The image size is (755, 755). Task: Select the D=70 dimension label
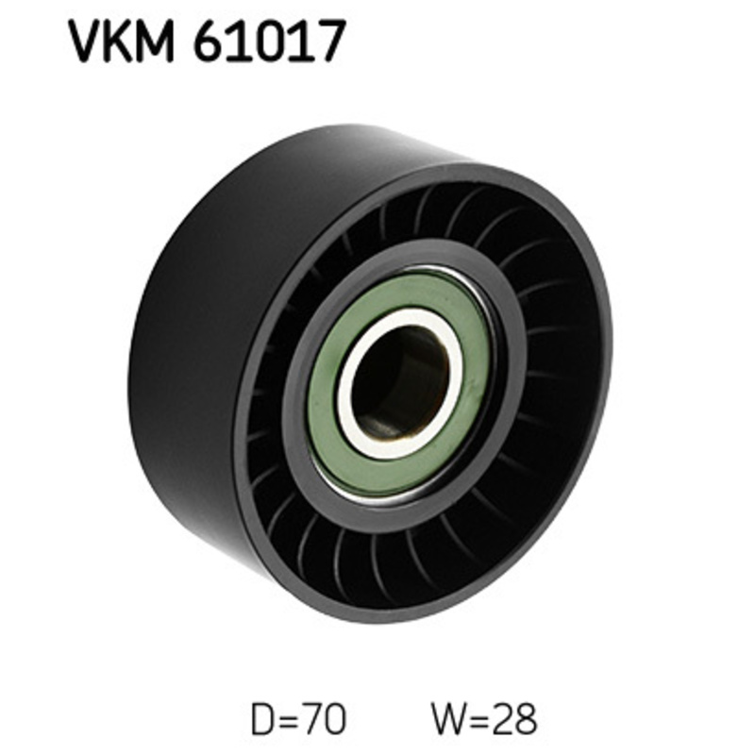pyautogui.click(x=298, y=720)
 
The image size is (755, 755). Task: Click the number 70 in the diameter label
pyautogui.click(x=324, y=720)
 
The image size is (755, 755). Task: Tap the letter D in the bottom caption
pyautogui.click(x=261, y=720)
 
